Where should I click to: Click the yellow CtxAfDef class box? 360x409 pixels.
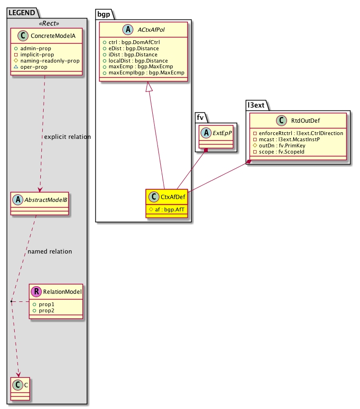click(x=166, y=203)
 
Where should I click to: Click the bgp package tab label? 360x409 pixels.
click(x=103, y=14)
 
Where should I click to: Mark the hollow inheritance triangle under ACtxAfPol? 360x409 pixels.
click(x=149, y=87)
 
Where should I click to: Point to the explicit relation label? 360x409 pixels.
click(x=67, y=137)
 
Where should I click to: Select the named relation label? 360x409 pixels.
click(x=50, y=251)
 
